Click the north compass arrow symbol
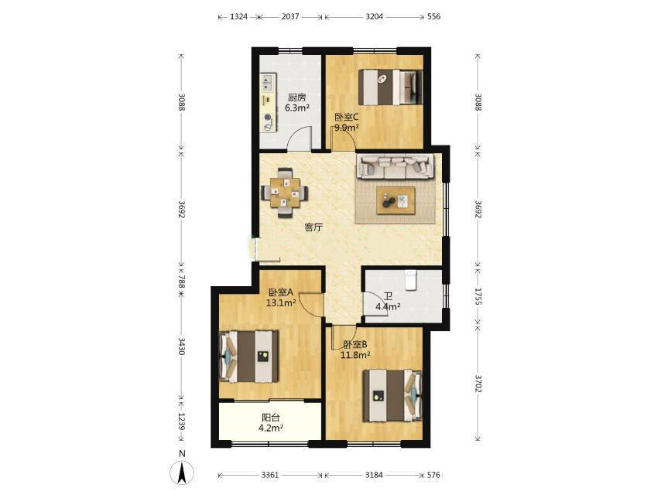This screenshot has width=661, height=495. point(182,472)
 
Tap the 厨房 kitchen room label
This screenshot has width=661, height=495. point(296,97)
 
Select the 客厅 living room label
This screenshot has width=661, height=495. point(313,227)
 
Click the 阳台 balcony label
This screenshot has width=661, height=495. point(271,418)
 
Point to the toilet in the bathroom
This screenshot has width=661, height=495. point(410,280)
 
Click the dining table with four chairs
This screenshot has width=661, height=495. point(285,193)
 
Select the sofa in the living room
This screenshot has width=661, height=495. point(396,167)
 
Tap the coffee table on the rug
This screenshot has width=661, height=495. point(396,200)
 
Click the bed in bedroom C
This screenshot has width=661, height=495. point(390,87)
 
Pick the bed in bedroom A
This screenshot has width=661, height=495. point(249,357)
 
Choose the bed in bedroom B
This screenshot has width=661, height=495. point(392,395)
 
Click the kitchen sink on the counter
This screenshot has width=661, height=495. point(268,83)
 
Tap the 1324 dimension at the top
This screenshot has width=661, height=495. point(238,16)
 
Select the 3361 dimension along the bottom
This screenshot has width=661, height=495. point(270,475)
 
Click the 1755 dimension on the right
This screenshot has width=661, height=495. point(478,296)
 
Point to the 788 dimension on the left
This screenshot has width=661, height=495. point(181,282)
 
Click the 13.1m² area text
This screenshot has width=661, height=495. point(281,302)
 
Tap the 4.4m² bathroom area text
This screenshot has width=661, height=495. point(388,307)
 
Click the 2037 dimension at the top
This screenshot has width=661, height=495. point(290,16)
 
